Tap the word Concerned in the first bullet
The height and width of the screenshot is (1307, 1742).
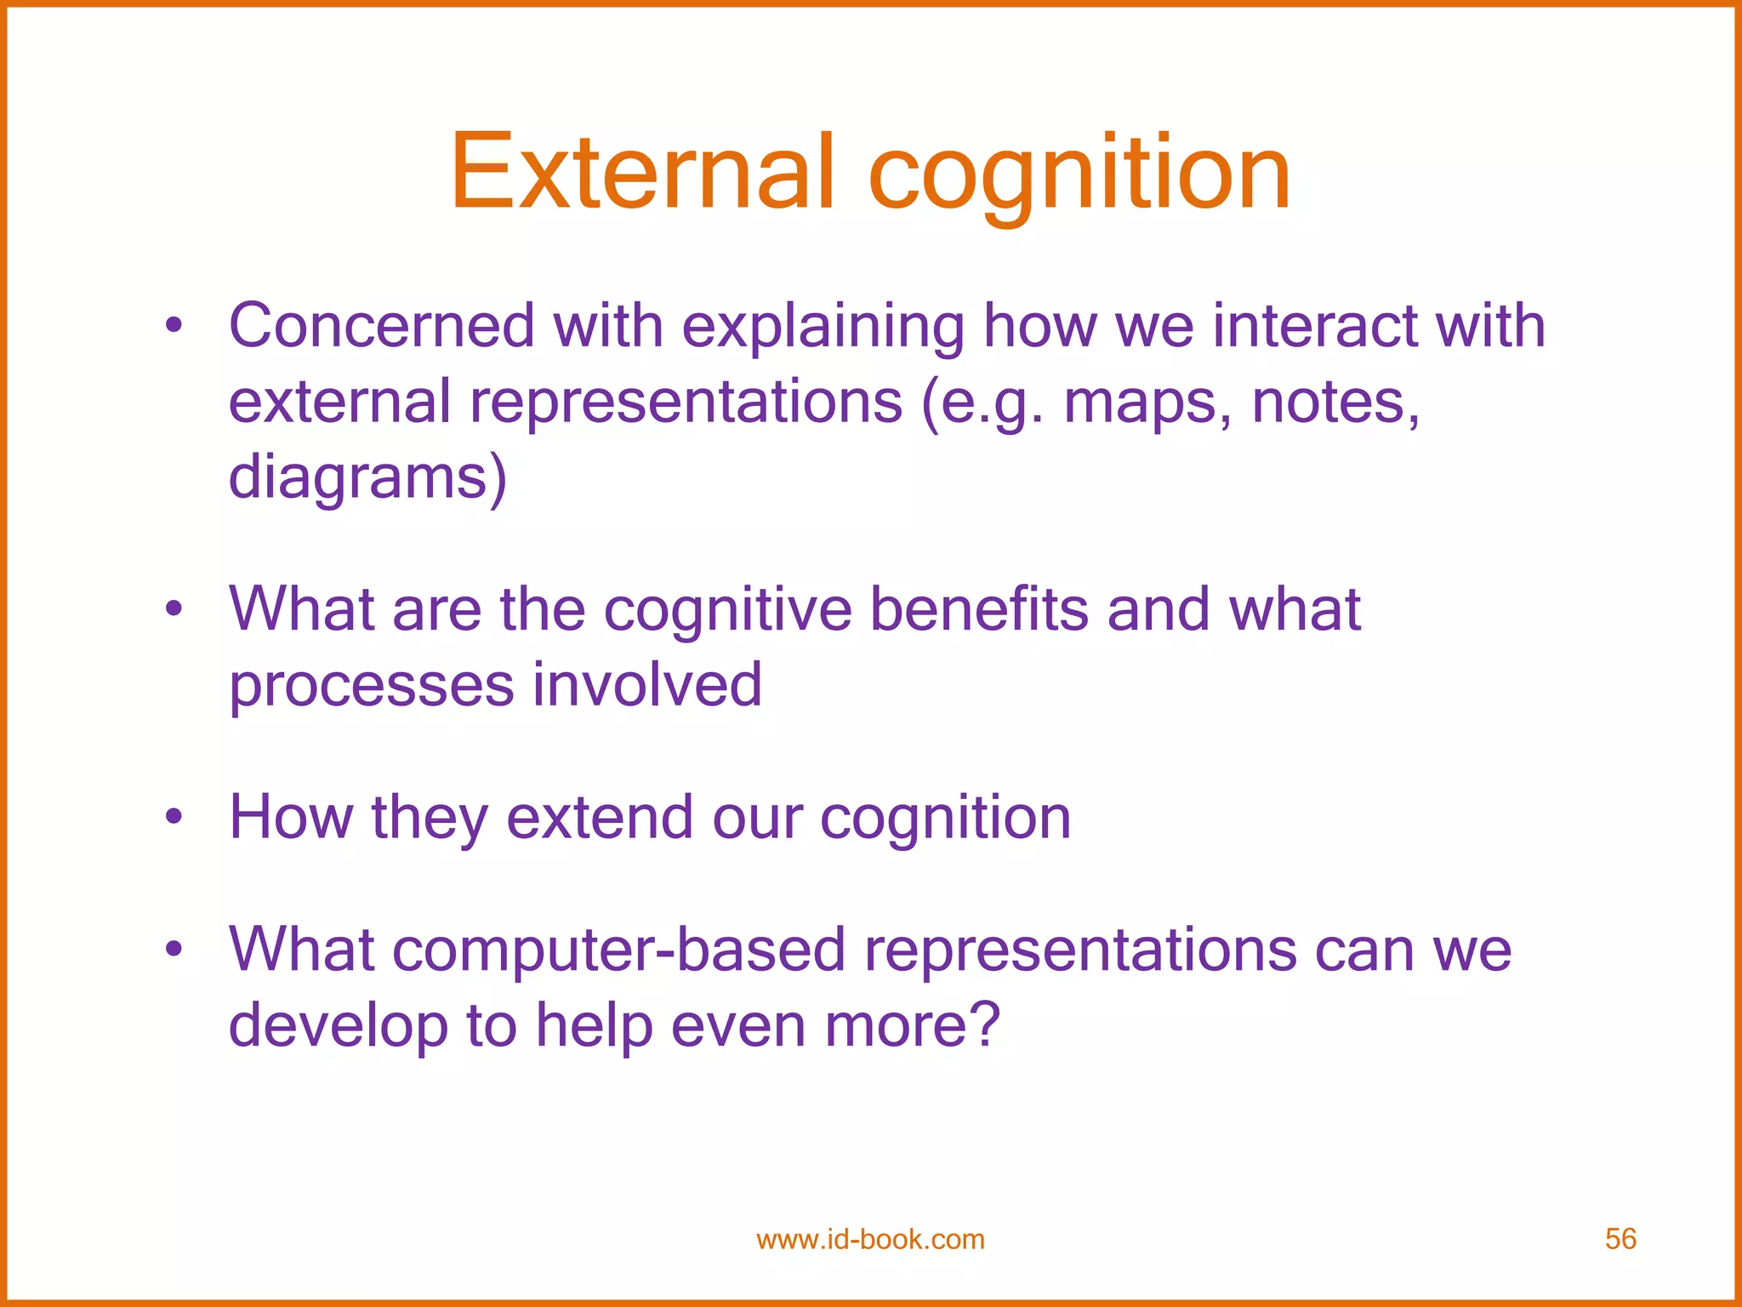pyautogui.click(x=381, y=326)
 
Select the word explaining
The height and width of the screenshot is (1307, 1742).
pyautogui.click(x=823, y=328)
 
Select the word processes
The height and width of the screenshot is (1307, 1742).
pyautogui.click(x=372, y=686)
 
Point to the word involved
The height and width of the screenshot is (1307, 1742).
pyautogui.click(x=647, y=684)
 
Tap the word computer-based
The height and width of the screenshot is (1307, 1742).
pyautogui.click(x=618, y=950)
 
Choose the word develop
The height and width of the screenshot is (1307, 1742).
pyautogui.click(x=338, y=1025)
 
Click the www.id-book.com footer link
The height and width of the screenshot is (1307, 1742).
pyautogui.click(x=870, y=1239)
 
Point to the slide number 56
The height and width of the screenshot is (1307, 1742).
pyautogui.click(x=1620, y=1239)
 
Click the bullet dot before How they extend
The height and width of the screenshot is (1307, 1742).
pyautogui.click(x=174, y=818)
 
